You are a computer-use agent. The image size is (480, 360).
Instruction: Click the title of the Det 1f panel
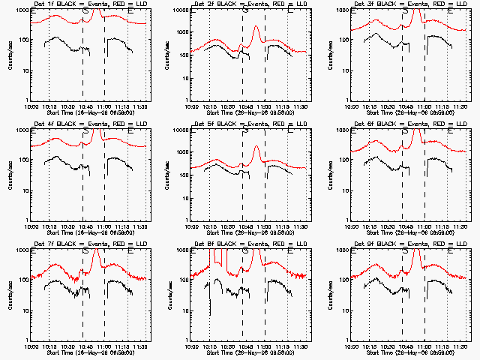pyautogui.click(x=82, y=4)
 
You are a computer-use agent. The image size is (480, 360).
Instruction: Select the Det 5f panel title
pyautogui.click(x=243, y=124)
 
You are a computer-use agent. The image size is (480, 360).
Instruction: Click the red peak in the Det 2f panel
pyautogui.click(x=256, y=28)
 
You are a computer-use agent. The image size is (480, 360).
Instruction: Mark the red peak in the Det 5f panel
pyautogui.click(x=256, y=148)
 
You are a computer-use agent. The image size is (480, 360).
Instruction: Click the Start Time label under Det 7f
pyautogui.click(x=82, y=353)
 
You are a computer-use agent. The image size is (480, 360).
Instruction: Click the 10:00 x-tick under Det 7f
pyautogui.click(x=31, y=347)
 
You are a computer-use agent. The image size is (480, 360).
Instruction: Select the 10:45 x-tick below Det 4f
pyautogui.click(x=82, y=227)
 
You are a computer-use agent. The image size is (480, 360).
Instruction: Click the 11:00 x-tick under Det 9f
pyautogui.click(x=423, y=347)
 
